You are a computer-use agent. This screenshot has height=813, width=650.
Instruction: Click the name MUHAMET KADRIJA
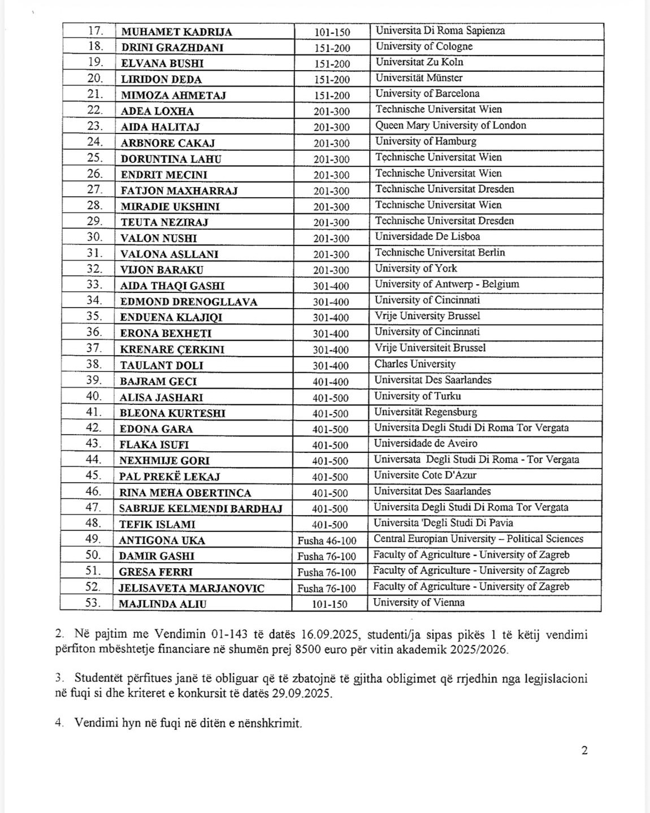176,32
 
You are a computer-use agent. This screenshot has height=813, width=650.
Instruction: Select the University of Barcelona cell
427,94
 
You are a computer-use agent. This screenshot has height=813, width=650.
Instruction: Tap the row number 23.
95,126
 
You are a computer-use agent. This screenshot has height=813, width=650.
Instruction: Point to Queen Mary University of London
450,126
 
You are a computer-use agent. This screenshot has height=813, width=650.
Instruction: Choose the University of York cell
416,269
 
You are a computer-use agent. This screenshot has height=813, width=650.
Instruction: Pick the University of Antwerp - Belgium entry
447,284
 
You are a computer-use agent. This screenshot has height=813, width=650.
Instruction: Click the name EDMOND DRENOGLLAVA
189,302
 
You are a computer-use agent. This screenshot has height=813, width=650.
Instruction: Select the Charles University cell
415,364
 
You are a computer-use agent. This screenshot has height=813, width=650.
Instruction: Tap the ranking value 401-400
331,382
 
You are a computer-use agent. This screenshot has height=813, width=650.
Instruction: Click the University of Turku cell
418,396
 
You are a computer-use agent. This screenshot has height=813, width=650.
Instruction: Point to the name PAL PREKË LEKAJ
170,477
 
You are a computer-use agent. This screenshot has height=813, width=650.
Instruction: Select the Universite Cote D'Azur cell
425,475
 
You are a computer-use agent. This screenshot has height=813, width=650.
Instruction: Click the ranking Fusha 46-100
327,540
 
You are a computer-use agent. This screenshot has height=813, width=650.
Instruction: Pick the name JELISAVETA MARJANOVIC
192,588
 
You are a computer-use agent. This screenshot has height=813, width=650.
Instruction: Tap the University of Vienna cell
419,603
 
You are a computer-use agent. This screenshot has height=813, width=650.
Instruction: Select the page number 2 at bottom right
584,751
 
